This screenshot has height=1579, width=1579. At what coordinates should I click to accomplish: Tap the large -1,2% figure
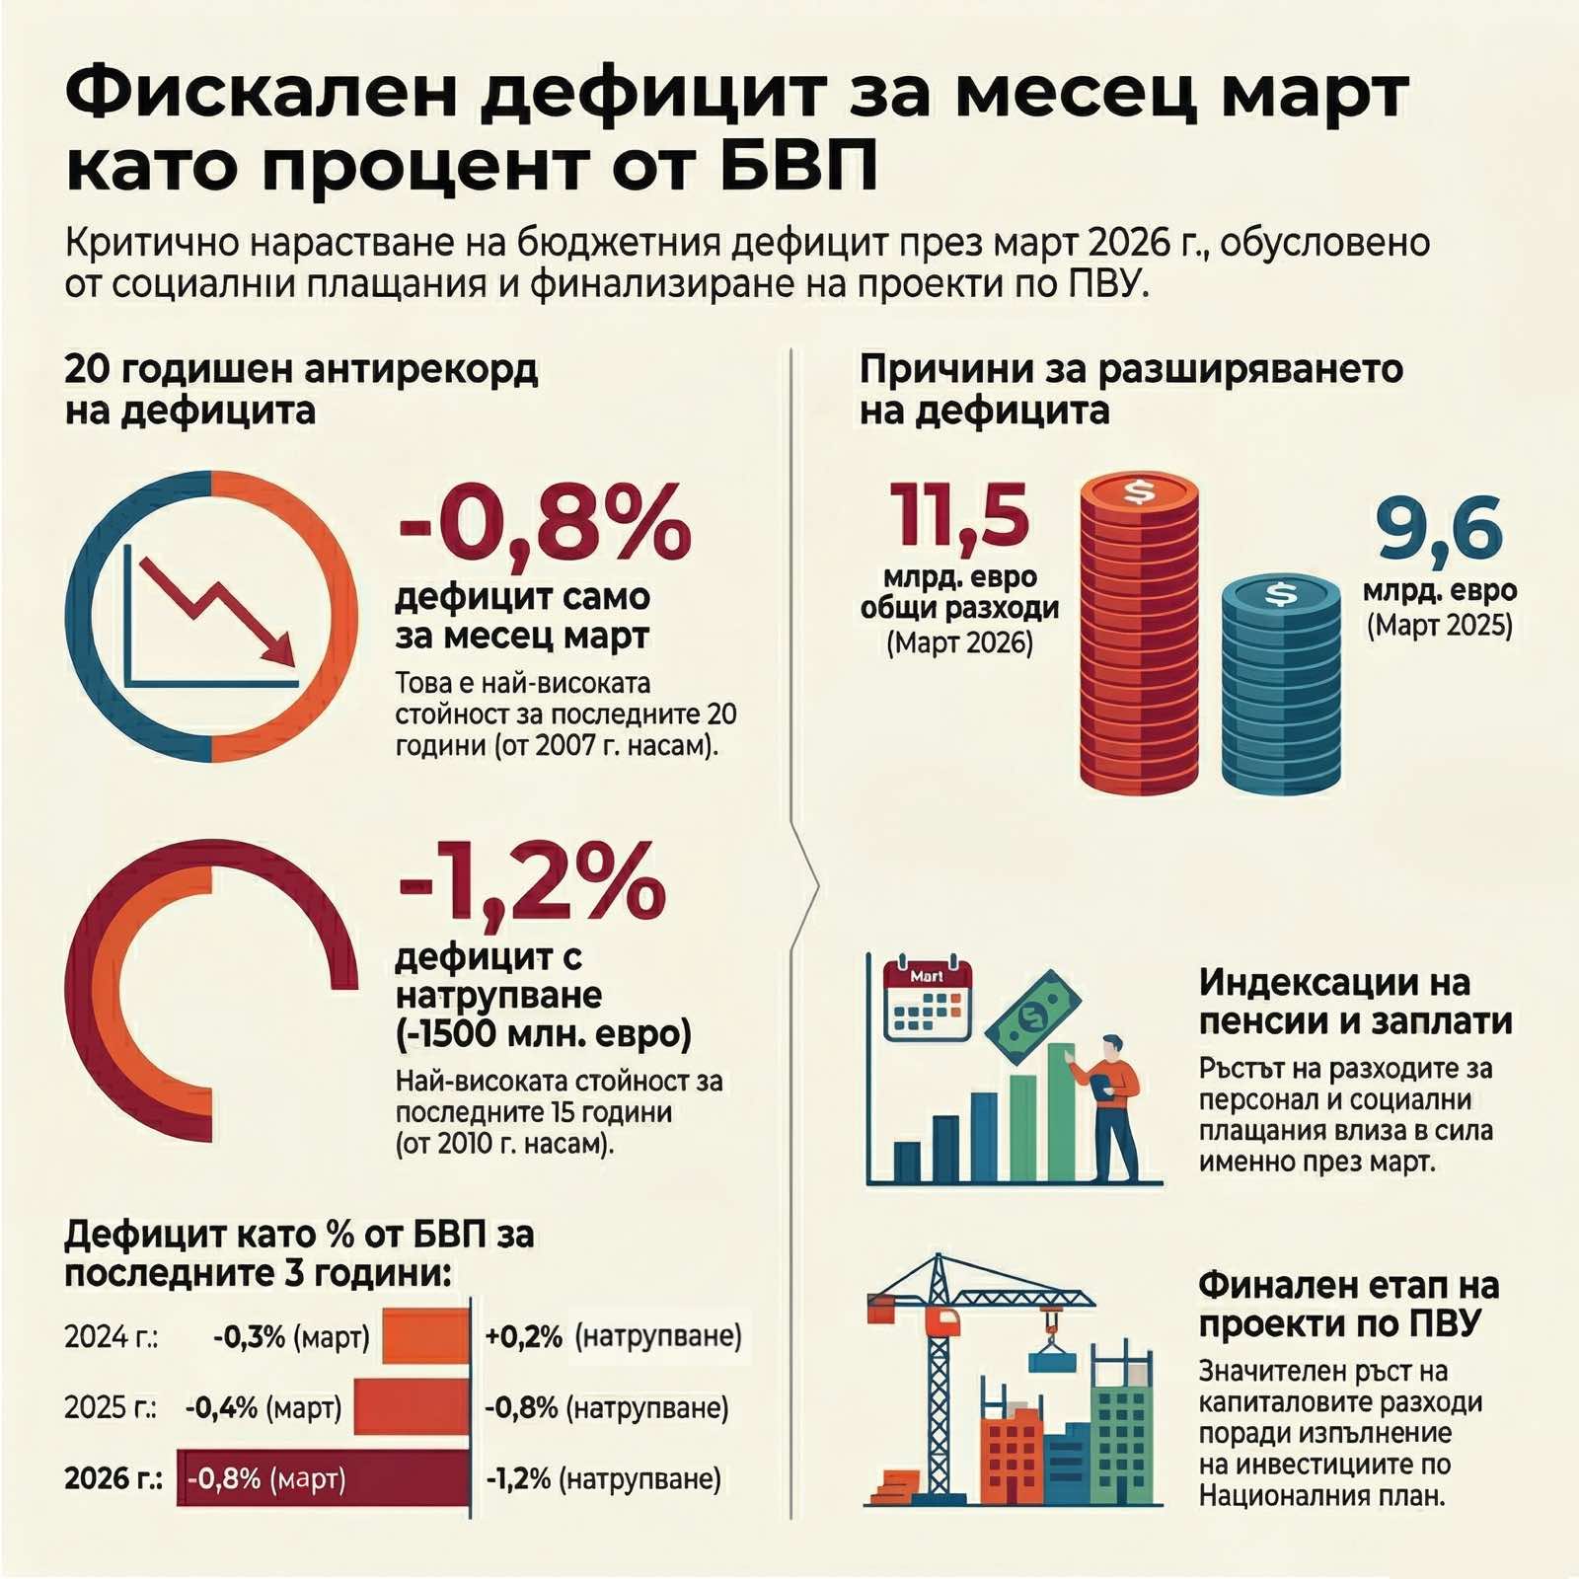tap(531, 881)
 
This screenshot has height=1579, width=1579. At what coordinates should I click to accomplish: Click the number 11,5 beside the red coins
tap(959, 515)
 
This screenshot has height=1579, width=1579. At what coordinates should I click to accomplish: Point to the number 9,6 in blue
tap(1440, 530)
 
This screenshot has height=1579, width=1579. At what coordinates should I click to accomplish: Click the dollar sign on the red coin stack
tap(1139, 490)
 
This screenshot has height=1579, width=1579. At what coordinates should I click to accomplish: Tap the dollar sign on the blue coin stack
tap(1281, 594)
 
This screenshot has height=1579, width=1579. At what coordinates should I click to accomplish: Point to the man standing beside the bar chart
tap(1113, 1105)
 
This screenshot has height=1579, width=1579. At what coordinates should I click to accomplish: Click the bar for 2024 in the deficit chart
tap(425, 1336)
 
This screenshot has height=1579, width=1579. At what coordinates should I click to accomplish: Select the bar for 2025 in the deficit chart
tap(411, 1407)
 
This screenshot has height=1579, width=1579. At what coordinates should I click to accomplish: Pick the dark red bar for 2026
tap(323, 1478)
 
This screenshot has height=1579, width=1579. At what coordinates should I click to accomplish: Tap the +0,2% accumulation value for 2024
tap(523, 1337)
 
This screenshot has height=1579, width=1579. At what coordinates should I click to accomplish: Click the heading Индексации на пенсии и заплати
tap(1355, 1001)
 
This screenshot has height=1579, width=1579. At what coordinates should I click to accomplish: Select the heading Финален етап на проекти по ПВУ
tap(1348, 1304)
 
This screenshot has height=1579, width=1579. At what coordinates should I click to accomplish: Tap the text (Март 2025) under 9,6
tap(1439, 627)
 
